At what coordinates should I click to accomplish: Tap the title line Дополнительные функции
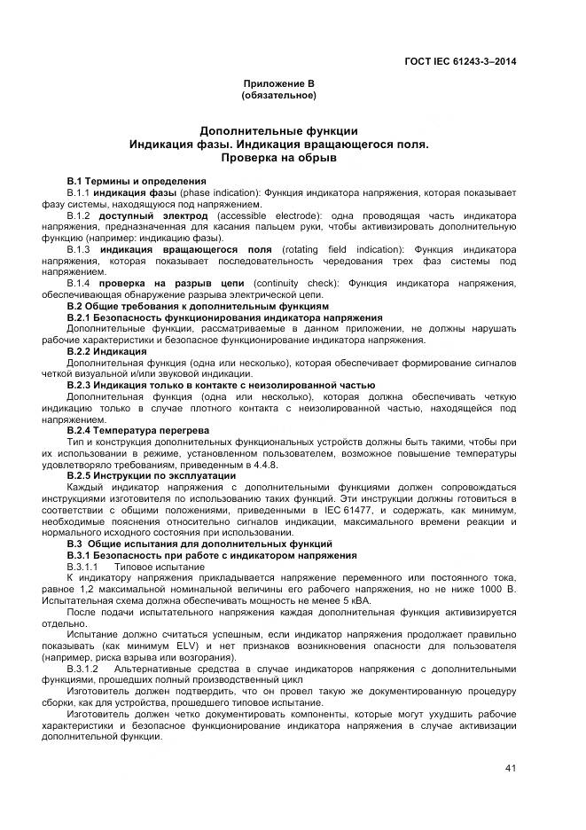pyautogui.click(x=278, y=130)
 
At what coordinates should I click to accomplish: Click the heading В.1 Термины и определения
pyautogui.click(x=137, y=180)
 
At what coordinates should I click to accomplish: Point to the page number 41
pyautogui.click(x=510, y=768)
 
